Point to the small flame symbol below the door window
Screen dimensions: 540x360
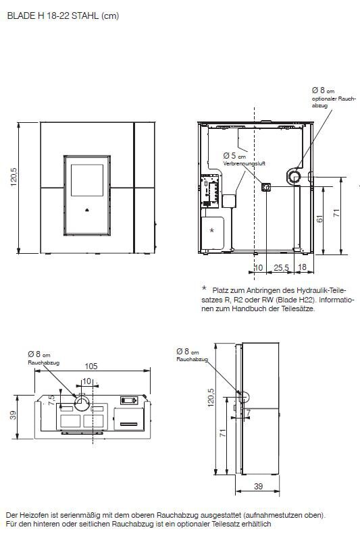[x=86, y=209]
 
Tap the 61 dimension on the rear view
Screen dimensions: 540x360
[x=319, y=217]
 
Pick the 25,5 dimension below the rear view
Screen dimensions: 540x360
[x=282, y=268]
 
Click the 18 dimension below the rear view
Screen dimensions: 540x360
[x=302, y=268]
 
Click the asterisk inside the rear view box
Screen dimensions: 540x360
[x=212, y=230]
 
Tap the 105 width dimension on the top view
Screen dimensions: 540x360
[x=92, y=366]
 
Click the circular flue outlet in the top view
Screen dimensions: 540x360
[x=82, y=402]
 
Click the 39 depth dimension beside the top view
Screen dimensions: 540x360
[x=14, y=415]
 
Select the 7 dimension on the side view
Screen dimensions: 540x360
[x=248, y=412]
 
